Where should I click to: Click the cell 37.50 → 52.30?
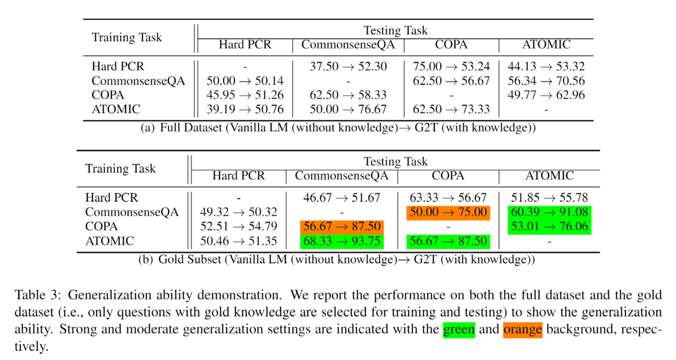click(348, 66)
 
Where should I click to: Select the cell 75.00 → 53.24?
click(451, 66)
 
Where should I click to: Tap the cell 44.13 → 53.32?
click(546, 66)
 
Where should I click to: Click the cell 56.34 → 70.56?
click(546, 81)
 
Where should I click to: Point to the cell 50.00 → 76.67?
click(348, 109)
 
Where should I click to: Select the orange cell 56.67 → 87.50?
click(342, 227)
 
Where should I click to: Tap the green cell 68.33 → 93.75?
click(342, 241)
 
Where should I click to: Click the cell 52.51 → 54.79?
click(238, 227)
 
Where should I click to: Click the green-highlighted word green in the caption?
click(459, 329)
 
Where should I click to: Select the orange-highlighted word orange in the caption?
click(523, 329)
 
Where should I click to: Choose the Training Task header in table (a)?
click(127, 38)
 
